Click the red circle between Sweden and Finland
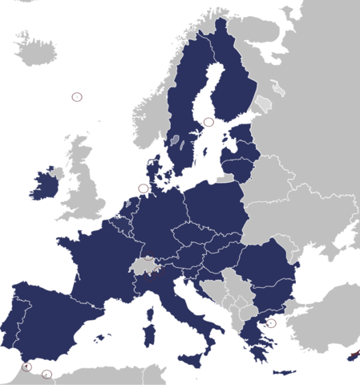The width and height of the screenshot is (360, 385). (208, 122)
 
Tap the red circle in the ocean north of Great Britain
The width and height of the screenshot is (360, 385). (77, 96)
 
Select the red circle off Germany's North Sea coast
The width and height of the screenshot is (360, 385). (144, 188)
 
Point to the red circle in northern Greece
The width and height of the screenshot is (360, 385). (272, 324)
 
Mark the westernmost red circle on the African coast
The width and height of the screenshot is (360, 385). (26, 367)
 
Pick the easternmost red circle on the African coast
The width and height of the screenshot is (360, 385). (47, 373)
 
